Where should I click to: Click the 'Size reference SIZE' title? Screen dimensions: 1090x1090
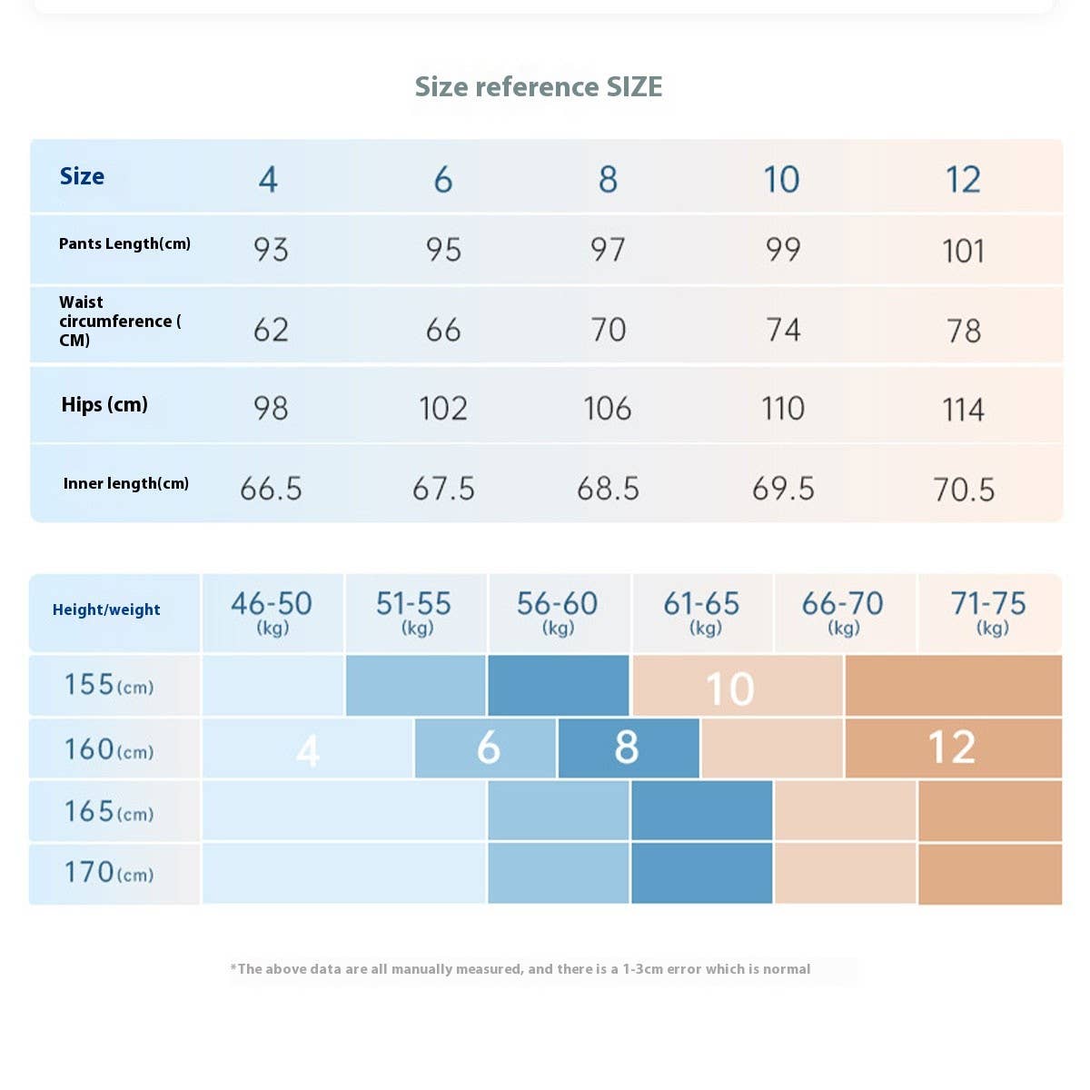tap(539, 86)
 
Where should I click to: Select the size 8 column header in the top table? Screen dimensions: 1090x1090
tap(608, 179)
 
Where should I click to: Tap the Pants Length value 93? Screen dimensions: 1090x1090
tap(271, 250)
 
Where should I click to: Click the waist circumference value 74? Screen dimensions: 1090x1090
tap(783, 330)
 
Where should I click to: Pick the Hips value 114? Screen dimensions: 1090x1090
tap(963, 410)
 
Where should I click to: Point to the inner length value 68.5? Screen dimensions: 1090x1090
tap(608, 489)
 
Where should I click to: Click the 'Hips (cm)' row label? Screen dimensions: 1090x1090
tap(104, 405)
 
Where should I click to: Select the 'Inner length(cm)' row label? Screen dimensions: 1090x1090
tap(126, 483)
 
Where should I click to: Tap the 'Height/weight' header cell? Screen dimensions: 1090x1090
tap(106, 609)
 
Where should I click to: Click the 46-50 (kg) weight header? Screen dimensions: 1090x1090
tap(272, 611)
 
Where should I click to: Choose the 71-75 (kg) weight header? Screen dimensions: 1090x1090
tap(988, 611)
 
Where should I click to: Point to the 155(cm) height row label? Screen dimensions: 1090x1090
tap(108, 685)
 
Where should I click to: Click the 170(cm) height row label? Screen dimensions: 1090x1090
tap(108, 873)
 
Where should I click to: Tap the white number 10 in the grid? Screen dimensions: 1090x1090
tap(730, 689)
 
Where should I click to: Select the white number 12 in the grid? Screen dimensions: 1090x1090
tap(952, 748)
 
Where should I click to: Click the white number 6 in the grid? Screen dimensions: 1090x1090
tap(489, 748)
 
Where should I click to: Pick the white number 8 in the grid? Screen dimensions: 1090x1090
tap(627, 748)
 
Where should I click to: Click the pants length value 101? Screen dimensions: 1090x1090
tap(963, 251)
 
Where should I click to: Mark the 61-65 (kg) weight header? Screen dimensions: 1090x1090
tap(702, 611)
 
